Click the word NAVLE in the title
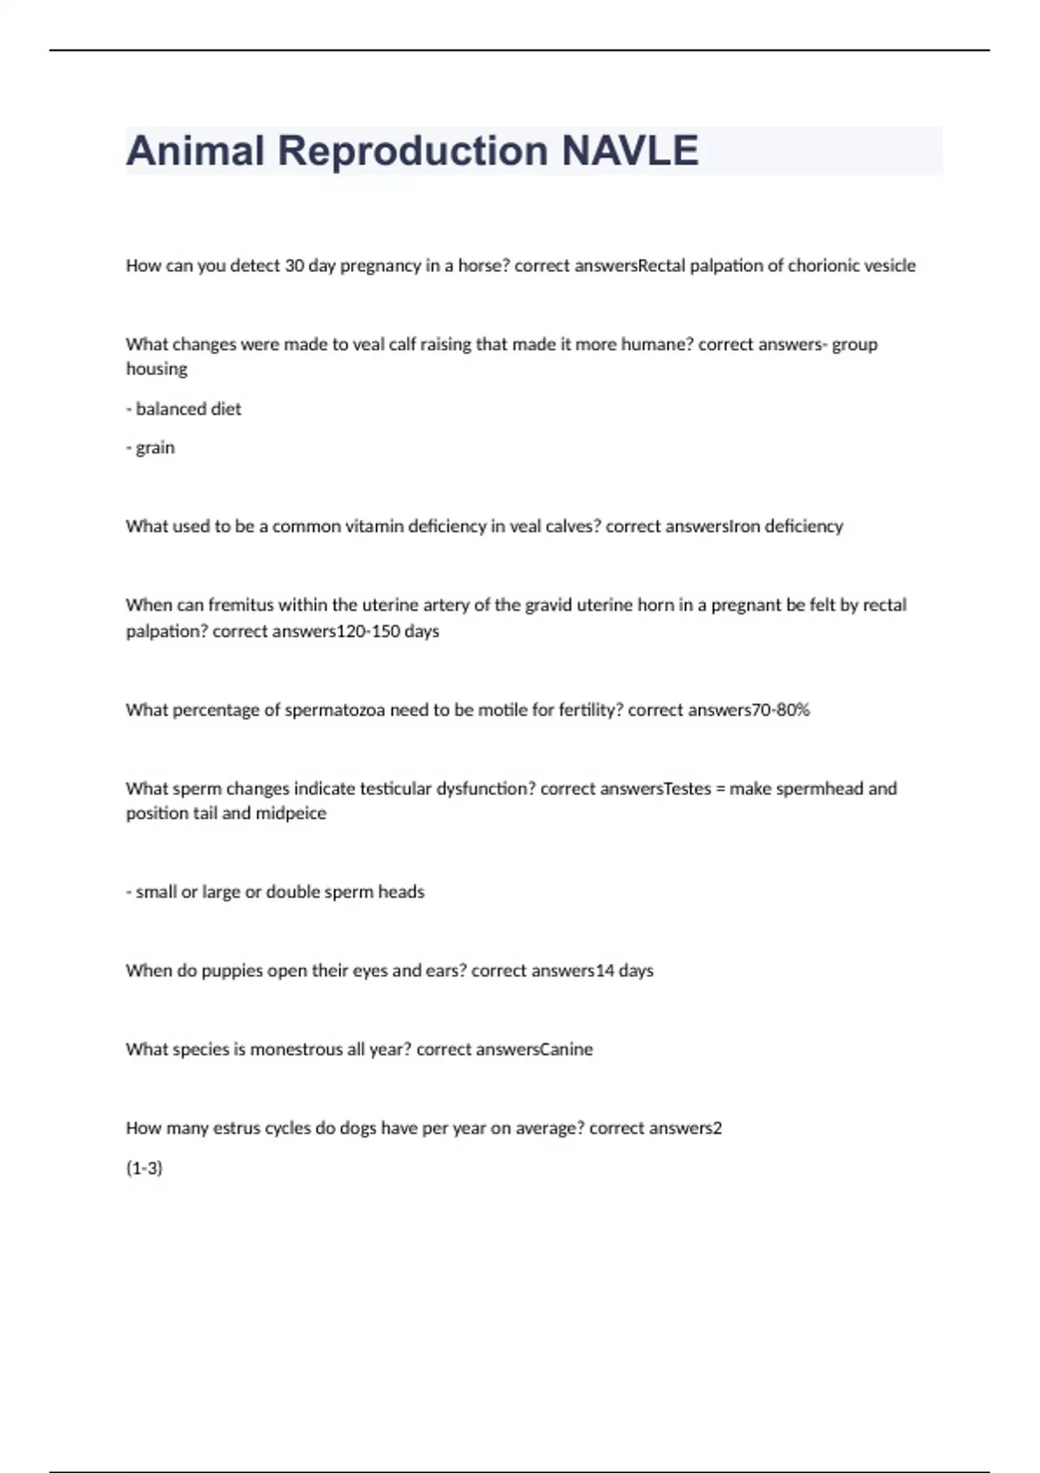[x=629, y=151]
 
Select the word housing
[x=157, y=369]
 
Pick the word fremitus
[x=240, y=605]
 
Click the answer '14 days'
[x=624, y=971]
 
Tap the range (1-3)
[x=145, y=1168]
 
